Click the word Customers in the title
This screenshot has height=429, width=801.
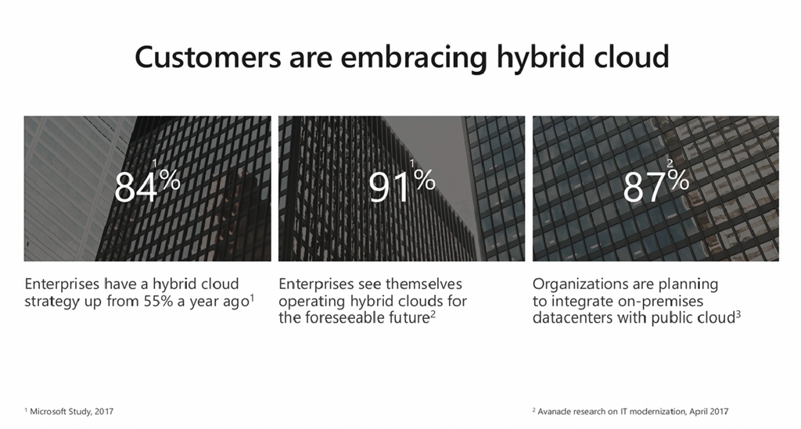pyautogui.click(x=208, y=56)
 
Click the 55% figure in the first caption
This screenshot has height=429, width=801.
pyautogui.click(x=158, y=301)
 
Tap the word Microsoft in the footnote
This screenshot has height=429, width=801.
pyautogui.click(x=50, y=411)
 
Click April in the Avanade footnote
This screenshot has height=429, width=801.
pyautogui.click(x=699, y=412)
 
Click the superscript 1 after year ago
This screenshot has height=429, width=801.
pyautogui.click(x=252, y=297)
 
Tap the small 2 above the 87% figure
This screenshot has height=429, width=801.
pyautogui.click(x=670, y=164)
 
